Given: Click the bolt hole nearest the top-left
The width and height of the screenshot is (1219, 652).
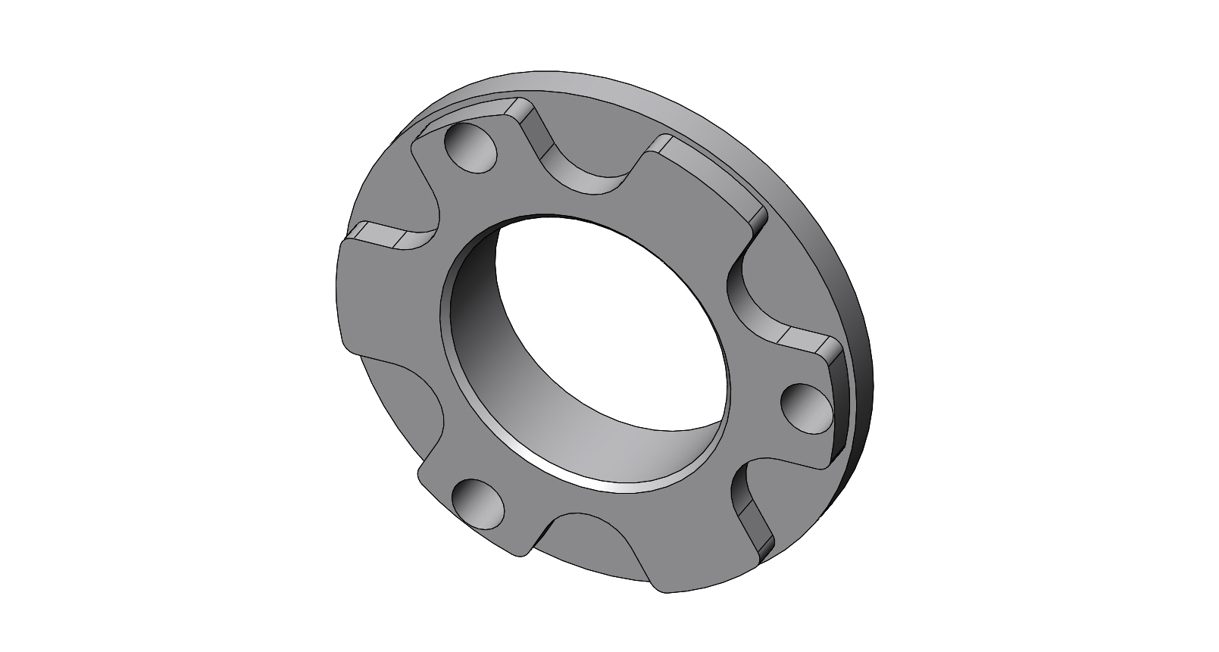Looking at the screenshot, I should [x=471, y=148].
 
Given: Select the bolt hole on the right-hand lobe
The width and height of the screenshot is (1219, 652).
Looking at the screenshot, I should [x=805, y=407].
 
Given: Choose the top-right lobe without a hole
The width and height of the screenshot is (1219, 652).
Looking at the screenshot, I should [x=705, y=182].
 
